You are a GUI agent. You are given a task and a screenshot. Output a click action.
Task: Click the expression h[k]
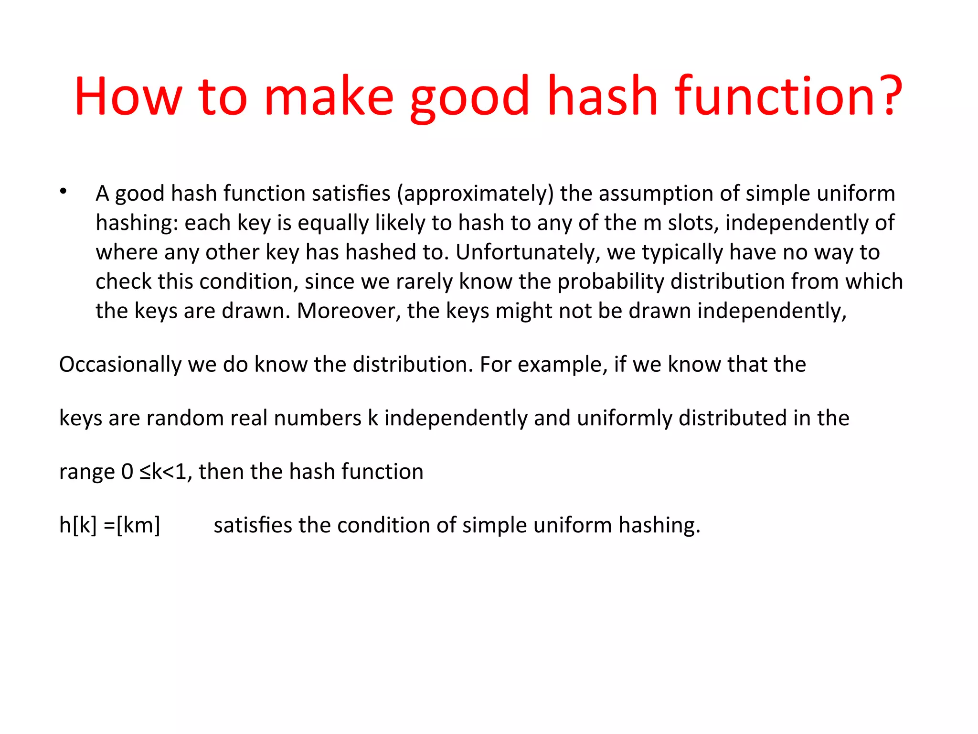click(x=78, y=525)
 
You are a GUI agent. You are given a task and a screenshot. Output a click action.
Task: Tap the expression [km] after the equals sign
click(x=138, y=525)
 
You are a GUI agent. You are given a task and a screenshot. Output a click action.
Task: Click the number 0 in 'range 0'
click(x=127, y=472)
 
